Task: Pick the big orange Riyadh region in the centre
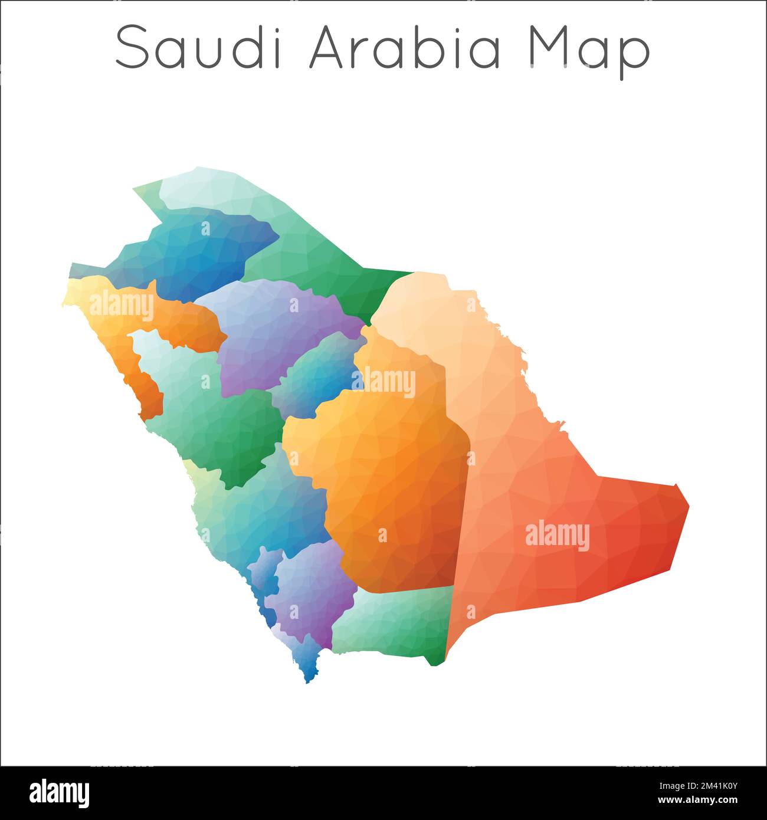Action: coord(389,472)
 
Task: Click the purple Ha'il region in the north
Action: coord(277,330)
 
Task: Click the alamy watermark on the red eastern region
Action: coord(557,536)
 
